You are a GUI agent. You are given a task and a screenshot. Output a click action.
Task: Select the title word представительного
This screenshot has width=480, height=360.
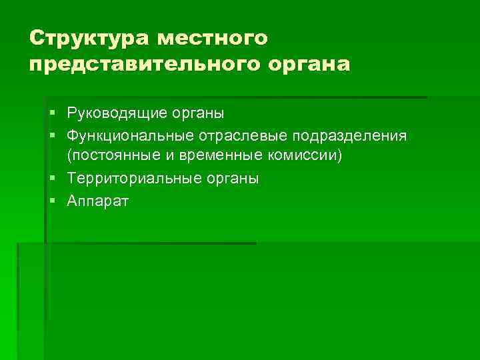[x=139, y=65]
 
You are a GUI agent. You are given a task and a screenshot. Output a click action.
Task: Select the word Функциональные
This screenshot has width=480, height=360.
[x=129, y=135]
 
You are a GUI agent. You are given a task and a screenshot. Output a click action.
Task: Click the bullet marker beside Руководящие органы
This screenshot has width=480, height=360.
[x=51, y=113]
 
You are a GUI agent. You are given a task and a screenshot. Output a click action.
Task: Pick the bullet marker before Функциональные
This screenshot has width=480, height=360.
[x=51, y=135]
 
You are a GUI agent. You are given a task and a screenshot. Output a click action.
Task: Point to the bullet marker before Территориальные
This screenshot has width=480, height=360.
[x=51, y=179]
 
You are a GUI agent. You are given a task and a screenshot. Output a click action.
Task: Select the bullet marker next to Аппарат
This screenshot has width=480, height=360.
[x=51, y=200]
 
